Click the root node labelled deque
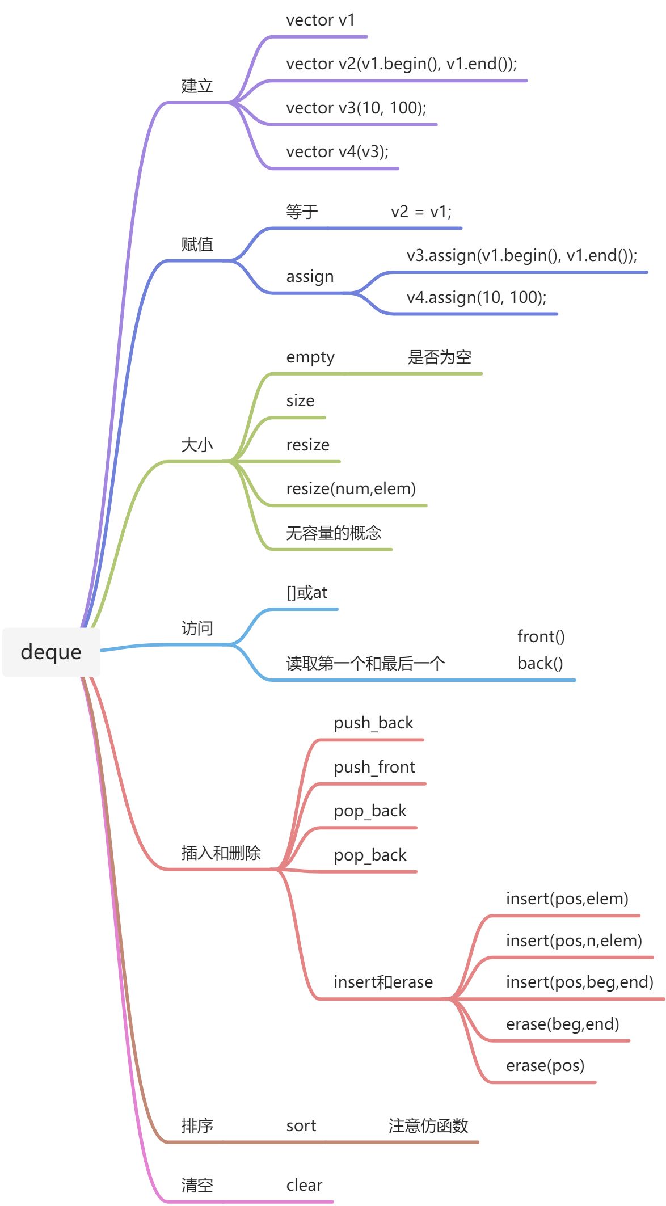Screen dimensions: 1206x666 point(51,652)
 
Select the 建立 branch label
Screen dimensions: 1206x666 point(197,86)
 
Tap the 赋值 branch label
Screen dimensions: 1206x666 point(197,244)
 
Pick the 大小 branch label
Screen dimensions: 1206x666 point(197,445)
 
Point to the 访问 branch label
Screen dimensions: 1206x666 point(197,629)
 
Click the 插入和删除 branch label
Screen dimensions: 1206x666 point(221,853)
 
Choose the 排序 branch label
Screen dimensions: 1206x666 point(197,1126)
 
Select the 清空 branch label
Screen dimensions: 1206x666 point(197,1186)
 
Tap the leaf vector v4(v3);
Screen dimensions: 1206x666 point(337,152)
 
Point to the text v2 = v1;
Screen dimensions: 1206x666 point(421,212)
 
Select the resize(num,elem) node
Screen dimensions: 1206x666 point(351,489)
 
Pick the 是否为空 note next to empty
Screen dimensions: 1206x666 point(439,357)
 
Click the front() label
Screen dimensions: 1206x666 point(541,637)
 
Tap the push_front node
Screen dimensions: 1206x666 point(374,768)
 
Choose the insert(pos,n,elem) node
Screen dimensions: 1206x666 point(574,941)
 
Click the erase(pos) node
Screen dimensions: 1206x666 point(545,1066)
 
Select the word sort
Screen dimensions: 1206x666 point(301,1126)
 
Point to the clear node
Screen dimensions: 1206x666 point(304,1186)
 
